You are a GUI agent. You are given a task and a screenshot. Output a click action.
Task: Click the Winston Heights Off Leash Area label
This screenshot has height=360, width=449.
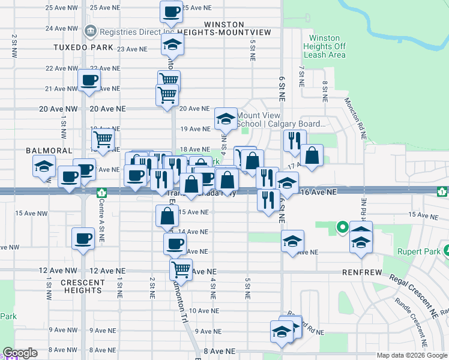pos(325,46)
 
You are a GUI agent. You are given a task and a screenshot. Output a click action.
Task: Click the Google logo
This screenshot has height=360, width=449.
pos(20,353)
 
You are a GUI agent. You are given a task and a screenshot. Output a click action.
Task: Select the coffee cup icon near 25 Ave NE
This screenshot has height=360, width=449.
pos(171,11)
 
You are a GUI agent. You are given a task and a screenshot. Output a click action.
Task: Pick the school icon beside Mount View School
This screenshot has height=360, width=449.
pos(226,118)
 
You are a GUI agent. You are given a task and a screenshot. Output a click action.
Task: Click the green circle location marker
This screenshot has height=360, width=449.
pos(342,227)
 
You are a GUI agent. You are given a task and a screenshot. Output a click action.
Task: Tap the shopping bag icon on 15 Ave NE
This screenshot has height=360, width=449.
pos(166,216)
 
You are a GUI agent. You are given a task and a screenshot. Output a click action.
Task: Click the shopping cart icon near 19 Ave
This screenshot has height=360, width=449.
pos(103,139)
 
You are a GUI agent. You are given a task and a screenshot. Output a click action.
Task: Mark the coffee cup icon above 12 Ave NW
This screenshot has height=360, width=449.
pos(82,238)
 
